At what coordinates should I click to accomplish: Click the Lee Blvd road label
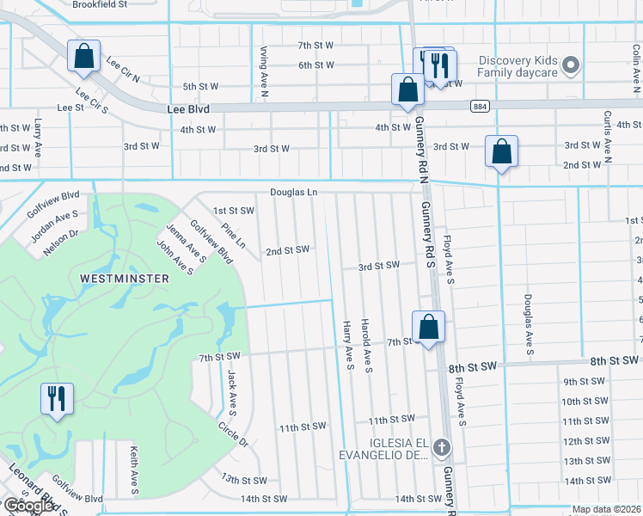click(x=187, y=110)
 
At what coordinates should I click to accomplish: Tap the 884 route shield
click(x=481, y=106)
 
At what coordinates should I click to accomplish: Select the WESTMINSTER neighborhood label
click(x=124, y=279)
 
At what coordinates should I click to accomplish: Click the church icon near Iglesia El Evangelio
click(x=441, y=447)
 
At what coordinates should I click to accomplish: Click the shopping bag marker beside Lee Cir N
click(x=84, y=57)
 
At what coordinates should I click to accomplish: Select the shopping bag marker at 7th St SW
click(x=428, y=327)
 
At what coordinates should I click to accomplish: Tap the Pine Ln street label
click(x=233, y=236)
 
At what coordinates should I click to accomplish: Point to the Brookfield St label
click(x=100, y=4)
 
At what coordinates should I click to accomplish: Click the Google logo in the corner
click(x=28, y=506)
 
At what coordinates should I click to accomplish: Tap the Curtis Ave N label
click(x=607, y=136)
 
